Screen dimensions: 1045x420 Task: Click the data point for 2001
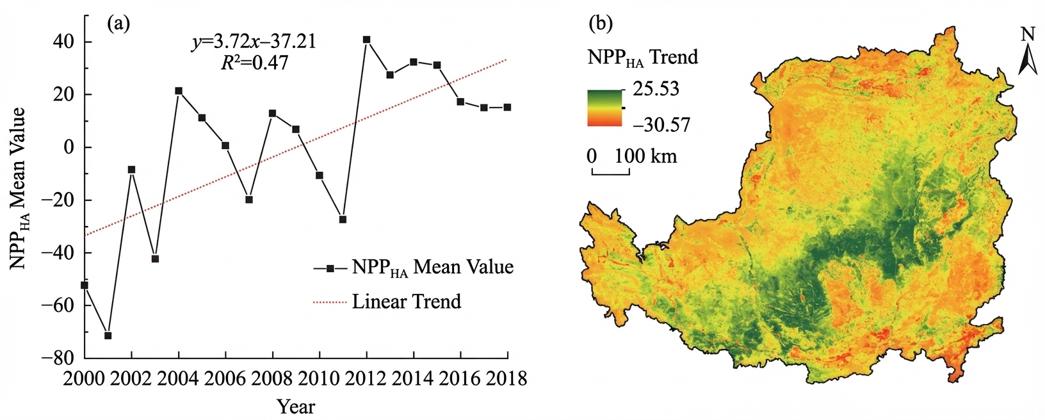pyautogui.click(x=108, y=335)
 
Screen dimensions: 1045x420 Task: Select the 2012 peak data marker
pyautogui.click(x=367, y=40)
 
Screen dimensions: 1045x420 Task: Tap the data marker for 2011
pyautogui.click(x=343, y=220)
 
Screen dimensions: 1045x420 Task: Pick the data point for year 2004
pyautogui.click(x=179, y=90)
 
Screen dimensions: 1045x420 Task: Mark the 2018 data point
pyautogui.click(x=507, y=108)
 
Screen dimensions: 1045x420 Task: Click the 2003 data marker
pyautogui.click(x=156, y=259)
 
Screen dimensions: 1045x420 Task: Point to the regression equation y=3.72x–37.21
pyautogui.click(x=254, y=42)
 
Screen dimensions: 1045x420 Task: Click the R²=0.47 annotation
pyautogui.click(x=255, y=63)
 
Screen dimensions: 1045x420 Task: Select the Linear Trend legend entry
pyautogui.click(x=387, y=302)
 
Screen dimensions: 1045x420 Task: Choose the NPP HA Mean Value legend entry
pyautogui.click(x=414, y=268)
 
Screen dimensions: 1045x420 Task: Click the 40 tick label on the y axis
pyautogui.click(x=66, y=42)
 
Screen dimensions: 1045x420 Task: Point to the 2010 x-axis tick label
pyautogui.click(x=320, y=378)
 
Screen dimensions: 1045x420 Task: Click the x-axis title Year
pyautogui.click(x=296, y=407)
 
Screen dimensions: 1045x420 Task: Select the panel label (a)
pyautogui.click(x=118, y=23)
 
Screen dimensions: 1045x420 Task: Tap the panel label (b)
pyautogui.click(x=601, y=23)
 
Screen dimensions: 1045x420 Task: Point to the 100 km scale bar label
pyautogui.click(x=645, y=156)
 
